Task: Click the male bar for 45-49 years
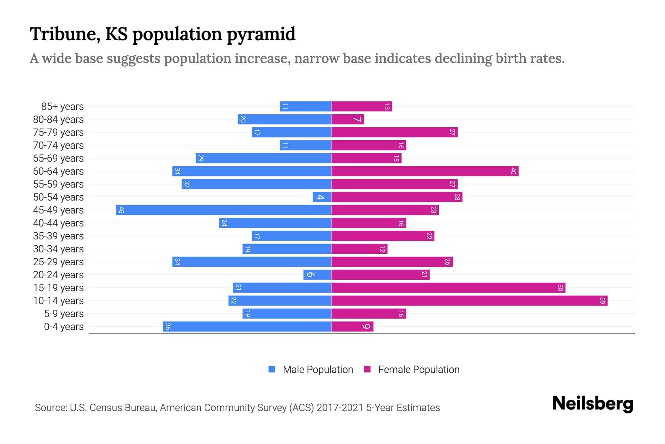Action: click(x=224, y=210)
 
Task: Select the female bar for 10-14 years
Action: click(x=469, y=300)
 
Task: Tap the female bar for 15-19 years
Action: click(x=448, y=287)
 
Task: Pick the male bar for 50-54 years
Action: click(x=322, y=197)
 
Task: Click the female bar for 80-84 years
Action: click(x=348, y=119)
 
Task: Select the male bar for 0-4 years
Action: click(x=247, y=326)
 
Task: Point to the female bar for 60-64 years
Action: click(x=425, y=171)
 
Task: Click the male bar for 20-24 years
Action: click(x=317, y=275)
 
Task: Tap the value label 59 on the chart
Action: click(x=602, y=300)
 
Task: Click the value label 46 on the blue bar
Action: click(x=121, y=210)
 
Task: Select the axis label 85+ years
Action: click(x=62, y=107)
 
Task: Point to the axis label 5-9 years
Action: click(x=64, y=314)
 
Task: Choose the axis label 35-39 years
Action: click(x=58, y=236)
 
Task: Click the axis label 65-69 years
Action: click(x=58, y=158)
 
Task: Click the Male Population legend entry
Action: click(x=317, y=369)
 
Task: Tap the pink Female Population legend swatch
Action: click(x=367, y=369)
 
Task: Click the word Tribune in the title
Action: click(x=64, y=34)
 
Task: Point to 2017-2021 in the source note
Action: click(x=340, y=408)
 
